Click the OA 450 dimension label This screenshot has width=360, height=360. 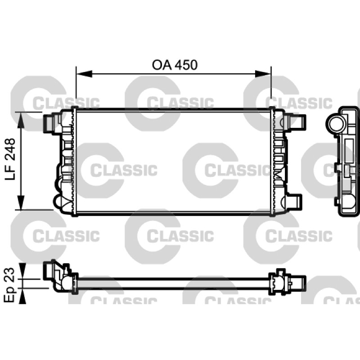click(x=175, y=65)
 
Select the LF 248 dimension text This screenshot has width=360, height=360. click(x=10, y=159)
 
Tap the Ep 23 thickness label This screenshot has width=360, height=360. click(x=9, y=285)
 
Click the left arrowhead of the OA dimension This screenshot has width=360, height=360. click(x=84, y=74)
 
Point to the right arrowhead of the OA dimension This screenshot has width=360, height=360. click(x=263, y=74)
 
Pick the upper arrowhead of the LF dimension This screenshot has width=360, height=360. click(x=21, y=120)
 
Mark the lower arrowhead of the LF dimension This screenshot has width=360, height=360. click(x=21, y=202)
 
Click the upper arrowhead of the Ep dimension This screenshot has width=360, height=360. click(x=22, y=271)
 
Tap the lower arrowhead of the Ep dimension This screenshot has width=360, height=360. click(x=22, y=296)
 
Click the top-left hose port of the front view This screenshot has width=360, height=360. click(x=49, y=123)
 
